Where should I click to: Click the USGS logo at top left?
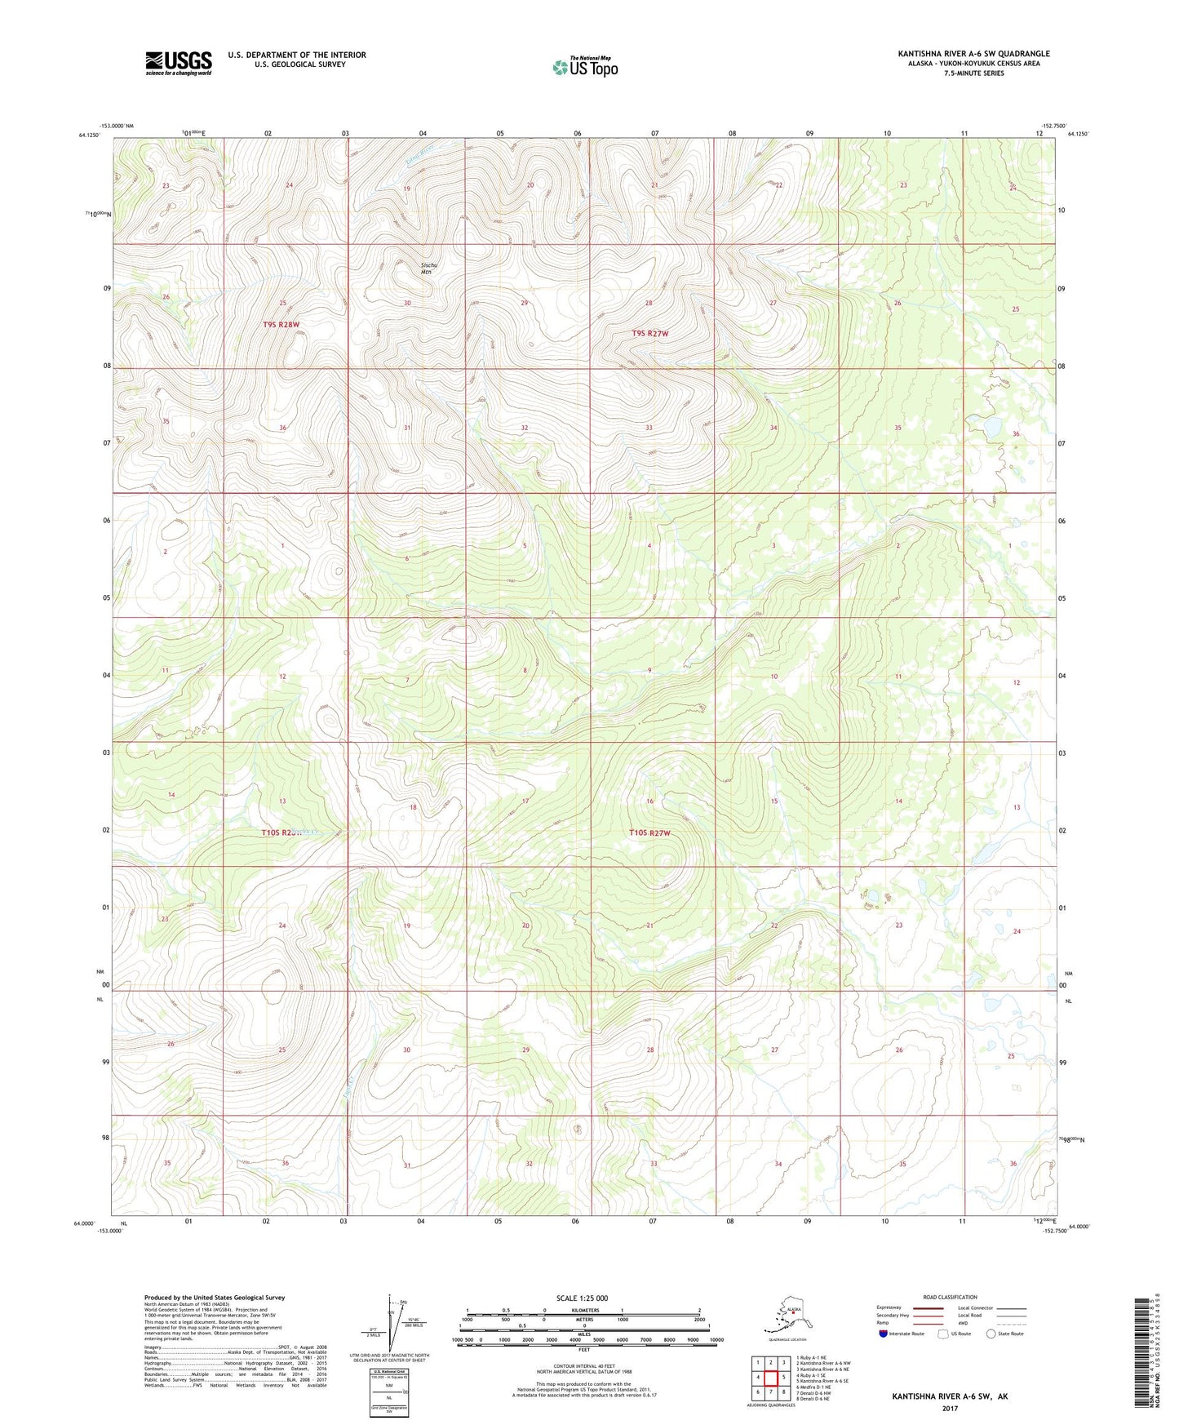(x=179, y=63)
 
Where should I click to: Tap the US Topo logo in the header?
(x=584, y=66)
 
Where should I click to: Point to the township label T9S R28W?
(x=281, y=325)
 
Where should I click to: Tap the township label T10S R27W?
(x=649, y=833)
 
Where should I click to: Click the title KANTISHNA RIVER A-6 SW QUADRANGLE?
(x=973, y=54)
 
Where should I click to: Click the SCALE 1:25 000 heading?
(x=582, y=1298)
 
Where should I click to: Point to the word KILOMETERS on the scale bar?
(x=583, y=1311)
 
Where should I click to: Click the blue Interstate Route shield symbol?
(x=883, y=1334)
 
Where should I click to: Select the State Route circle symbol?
(x=991, y=1334)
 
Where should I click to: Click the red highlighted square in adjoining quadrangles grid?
(x=770, y=1377)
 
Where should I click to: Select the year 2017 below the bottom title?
(x=950, y=1408)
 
